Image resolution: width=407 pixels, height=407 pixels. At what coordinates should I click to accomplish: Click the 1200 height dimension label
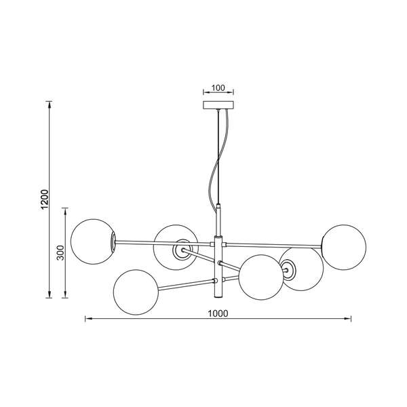click(x=45, y=199)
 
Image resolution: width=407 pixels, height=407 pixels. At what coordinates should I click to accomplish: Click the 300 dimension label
click(x=60, y=252)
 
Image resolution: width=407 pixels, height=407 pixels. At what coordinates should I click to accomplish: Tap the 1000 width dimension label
click(x=218, y=313)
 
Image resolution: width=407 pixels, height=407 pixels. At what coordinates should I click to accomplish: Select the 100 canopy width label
click(x=218, y=88)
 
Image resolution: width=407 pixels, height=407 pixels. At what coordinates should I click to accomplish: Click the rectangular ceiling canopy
click(x=218, y=105)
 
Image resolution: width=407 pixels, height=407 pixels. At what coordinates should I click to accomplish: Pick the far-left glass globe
click(x=93, y=241)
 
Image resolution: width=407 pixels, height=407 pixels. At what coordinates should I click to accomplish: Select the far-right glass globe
click(x=344, y=248)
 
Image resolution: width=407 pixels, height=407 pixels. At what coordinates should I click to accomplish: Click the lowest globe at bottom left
click(x=136, y=292)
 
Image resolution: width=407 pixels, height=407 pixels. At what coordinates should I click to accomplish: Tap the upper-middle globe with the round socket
click(x=176, y=248)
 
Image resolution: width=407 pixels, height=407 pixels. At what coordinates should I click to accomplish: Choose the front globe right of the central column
click(x=261, y=277)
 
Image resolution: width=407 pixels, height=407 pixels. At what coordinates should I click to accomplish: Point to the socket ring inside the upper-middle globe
click(x=182, y=250)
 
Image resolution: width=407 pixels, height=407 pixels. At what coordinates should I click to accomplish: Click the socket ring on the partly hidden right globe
click(x=289, y=270)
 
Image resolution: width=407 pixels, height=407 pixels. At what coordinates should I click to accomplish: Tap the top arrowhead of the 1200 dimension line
click(x=49, y=104)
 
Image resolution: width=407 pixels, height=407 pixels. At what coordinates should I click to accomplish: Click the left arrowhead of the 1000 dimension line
click(x=88, y=319)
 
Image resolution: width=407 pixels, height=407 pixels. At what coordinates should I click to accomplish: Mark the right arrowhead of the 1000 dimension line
click(x=348, y=319)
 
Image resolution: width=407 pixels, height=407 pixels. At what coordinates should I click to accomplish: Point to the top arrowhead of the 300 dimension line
click(x=65, y=210)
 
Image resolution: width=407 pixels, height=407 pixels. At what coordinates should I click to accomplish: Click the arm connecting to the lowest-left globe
click(x=186, y=284)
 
